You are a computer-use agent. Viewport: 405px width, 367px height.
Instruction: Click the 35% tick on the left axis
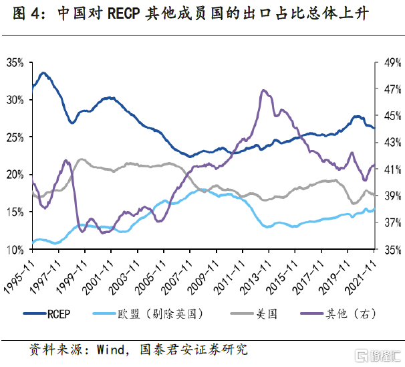(x=15, y=62)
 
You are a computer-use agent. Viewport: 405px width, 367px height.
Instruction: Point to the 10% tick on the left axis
(x=15, y=249)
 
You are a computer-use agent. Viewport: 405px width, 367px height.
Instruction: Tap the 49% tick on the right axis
(x=390, y=62)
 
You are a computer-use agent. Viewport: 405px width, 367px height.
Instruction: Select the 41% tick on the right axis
(x=390, y=169)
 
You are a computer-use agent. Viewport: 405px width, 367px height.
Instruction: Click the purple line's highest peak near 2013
(x=264, y=90)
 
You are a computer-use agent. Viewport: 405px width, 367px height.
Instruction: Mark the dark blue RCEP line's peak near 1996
(x=43, y=72)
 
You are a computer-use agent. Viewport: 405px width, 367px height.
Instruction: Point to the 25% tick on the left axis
(x=15, y=137)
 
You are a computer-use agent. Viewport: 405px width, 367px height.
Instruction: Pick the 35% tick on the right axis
(x=390, y=249)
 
